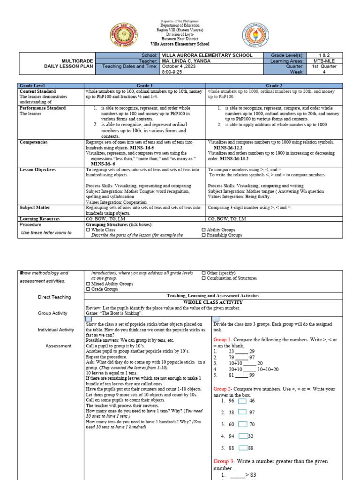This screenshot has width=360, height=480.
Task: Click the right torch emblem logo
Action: click(x=256, y=36)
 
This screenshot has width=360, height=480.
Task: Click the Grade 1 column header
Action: click(x=145, y=86)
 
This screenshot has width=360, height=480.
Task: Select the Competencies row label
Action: click(x=34, y=142)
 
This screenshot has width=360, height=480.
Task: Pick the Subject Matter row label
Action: click(x=36, y=207)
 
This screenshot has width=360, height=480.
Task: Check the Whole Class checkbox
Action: click(x=88, y=230)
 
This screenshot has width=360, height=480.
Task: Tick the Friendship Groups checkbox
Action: click(x=203, y=235)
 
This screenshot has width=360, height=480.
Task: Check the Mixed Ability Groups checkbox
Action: click(x=88, y=284)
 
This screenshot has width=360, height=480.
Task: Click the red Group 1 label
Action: click(x=222, y=339)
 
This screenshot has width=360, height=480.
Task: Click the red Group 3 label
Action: click(x=222, y=461)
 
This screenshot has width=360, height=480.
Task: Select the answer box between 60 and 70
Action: click(x=242, y=424)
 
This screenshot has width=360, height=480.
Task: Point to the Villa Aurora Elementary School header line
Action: click(x=180, y=44)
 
